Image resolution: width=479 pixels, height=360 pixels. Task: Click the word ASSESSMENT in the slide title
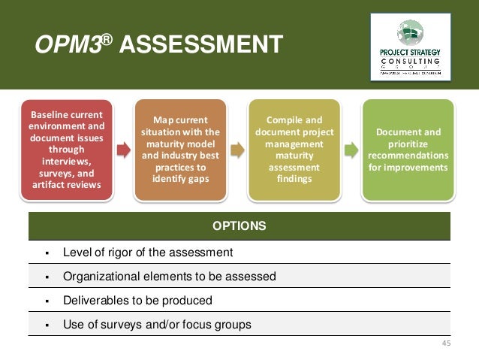point(200,45)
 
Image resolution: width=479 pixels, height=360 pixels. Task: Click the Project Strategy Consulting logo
point(410,47)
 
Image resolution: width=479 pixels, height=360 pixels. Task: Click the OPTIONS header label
point(239,225)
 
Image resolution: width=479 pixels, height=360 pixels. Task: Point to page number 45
point(446,344)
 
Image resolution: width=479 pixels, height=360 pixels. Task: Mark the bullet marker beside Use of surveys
point(47,325)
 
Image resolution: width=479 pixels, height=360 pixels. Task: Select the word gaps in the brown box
point(200,180)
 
